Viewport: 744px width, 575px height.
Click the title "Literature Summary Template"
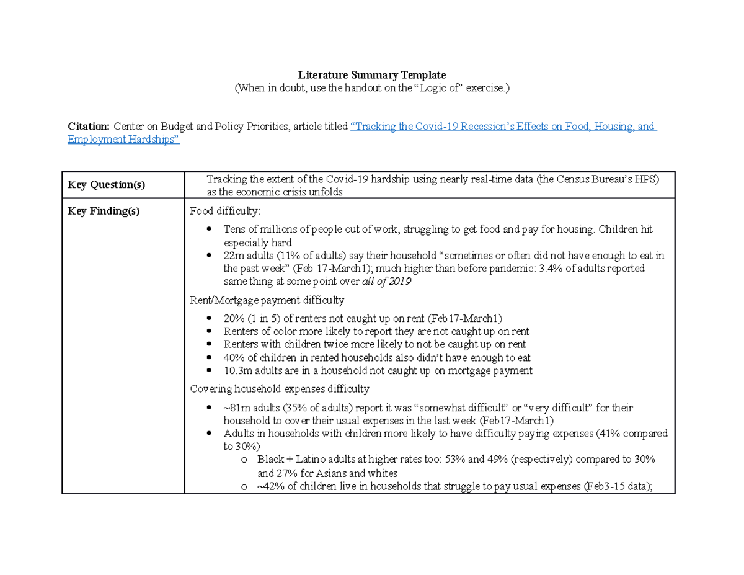coord(371,75)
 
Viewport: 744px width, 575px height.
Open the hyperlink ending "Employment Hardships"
coord(123,140)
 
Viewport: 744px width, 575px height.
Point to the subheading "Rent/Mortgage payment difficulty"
coord(267,300)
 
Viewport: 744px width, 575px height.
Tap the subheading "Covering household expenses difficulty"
coord(280,389)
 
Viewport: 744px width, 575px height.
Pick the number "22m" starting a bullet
coord(234,256)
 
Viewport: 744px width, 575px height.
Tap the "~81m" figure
coord(236,408)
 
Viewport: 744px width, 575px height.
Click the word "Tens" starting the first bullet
coord(234,230)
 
